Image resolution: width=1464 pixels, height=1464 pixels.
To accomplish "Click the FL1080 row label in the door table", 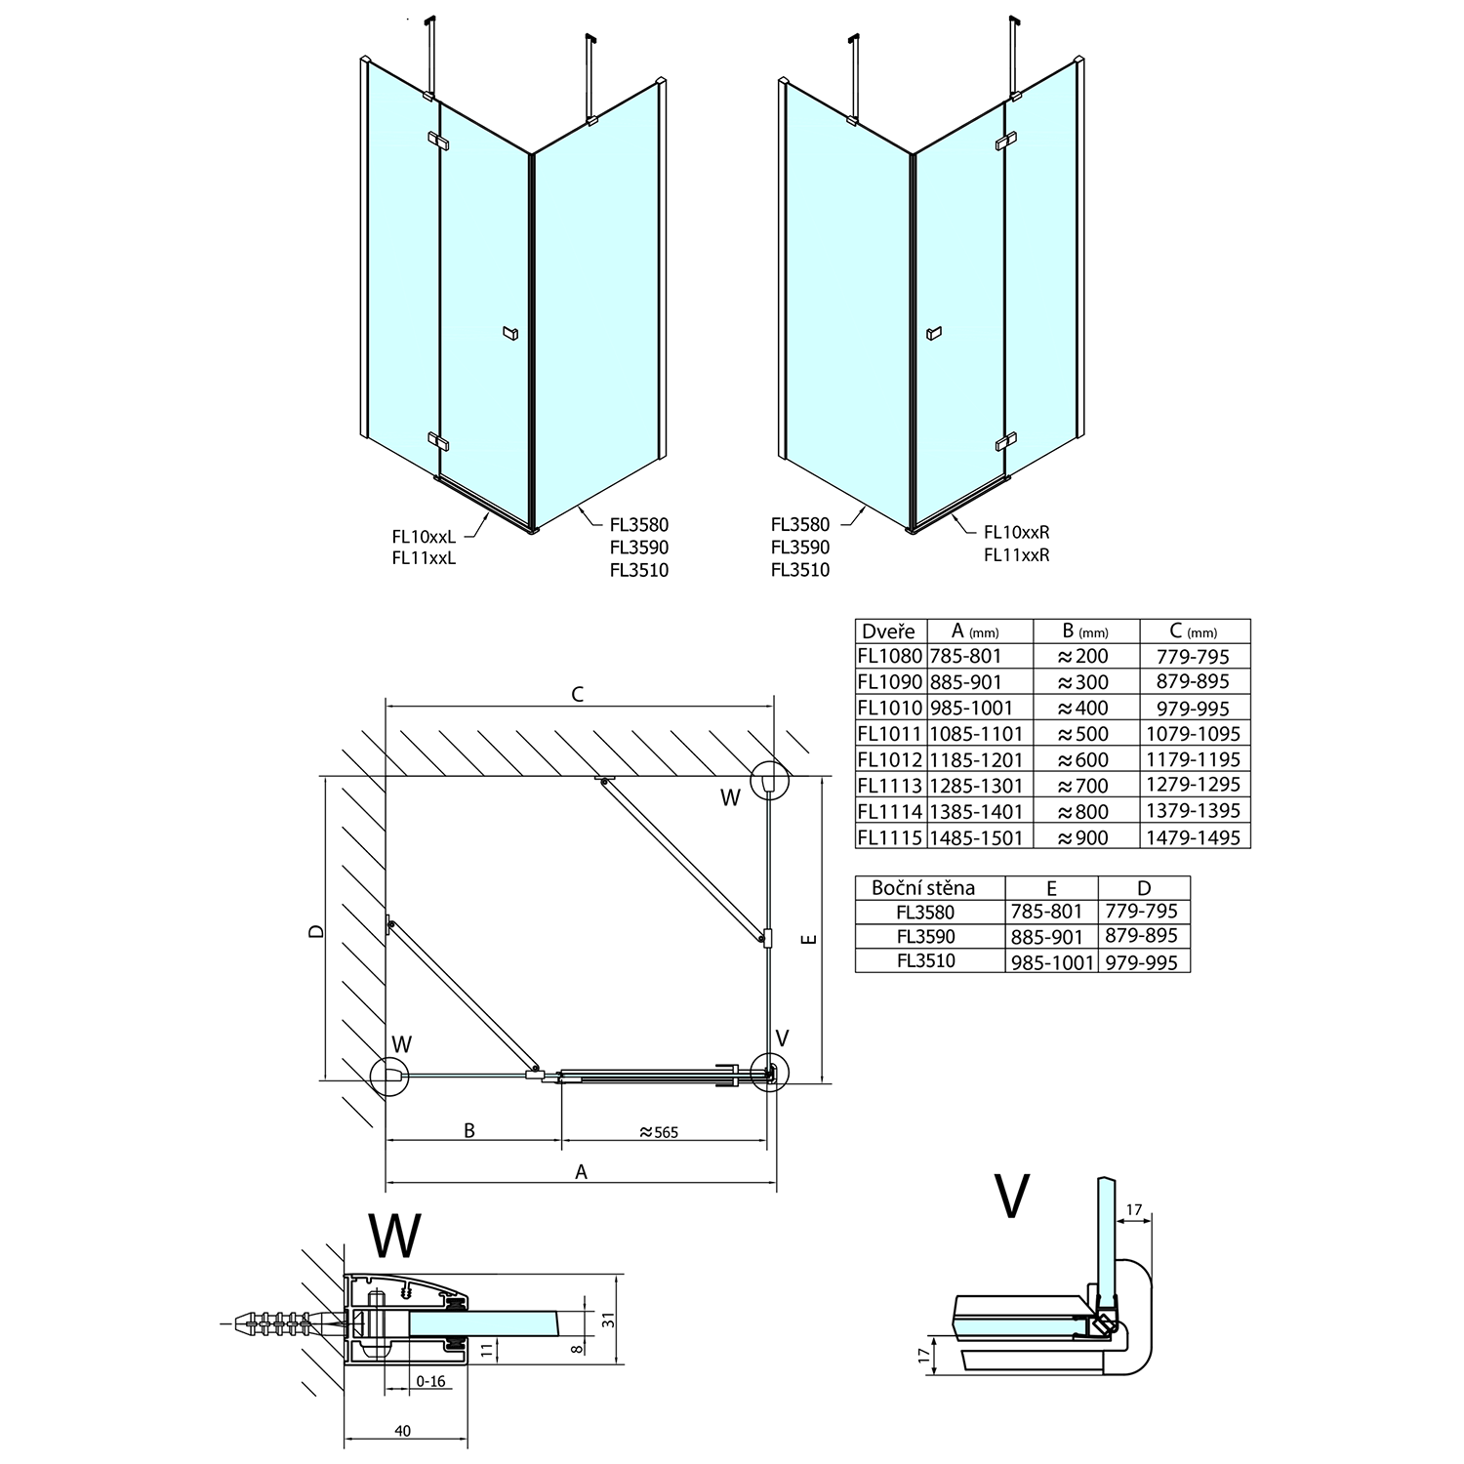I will pos(889,657).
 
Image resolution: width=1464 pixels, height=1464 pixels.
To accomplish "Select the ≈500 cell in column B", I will pos(1082,734).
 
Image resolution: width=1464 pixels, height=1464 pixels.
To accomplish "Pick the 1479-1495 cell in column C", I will pos(1195,837).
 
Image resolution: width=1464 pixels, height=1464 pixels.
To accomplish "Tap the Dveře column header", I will pos(888,631).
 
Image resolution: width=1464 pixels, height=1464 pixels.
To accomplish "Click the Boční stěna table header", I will pos(923,888).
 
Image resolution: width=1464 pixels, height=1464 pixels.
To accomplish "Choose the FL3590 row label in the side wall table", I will pos(925,937).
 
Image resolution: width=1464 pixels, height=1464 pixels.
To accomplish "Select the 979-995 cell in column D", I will pos(1142,962).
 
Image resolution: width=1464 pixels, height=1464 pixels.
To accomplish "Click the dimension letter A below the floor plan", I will pos(582,1172).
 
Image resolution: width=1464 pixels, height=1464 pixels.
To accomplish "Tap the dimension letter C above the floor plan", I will pos(578,695).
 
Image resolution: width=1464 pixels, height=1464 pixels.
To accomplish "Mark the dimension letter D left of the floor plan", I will pos(314,931).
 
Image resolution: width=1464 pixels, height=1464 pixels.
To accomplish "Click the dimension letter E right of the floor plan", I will pos(808,939).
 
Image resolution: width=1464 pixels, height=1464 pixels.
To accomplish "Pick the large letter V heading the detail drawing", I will pos(1011,1197).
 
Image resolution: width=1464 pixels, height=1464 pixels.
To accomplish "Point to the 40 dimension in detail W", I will pos(403,1431).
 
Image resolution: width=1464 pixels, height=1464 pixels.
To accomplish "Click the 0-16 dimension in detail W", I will pos(429,1381).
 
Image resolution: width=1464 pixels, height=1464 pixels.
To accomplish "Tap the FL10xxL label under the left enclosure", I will pos(424,536).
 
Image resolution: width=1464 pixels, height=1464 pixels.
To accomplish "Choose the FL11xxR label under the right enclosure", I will pos(1016,555).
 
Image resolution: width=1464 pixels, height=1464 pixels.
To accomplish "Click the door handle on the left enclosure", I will pos(508,334).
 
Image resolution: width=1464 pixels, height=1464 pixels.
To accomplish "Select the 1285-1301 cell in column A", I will pos(976,786).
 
